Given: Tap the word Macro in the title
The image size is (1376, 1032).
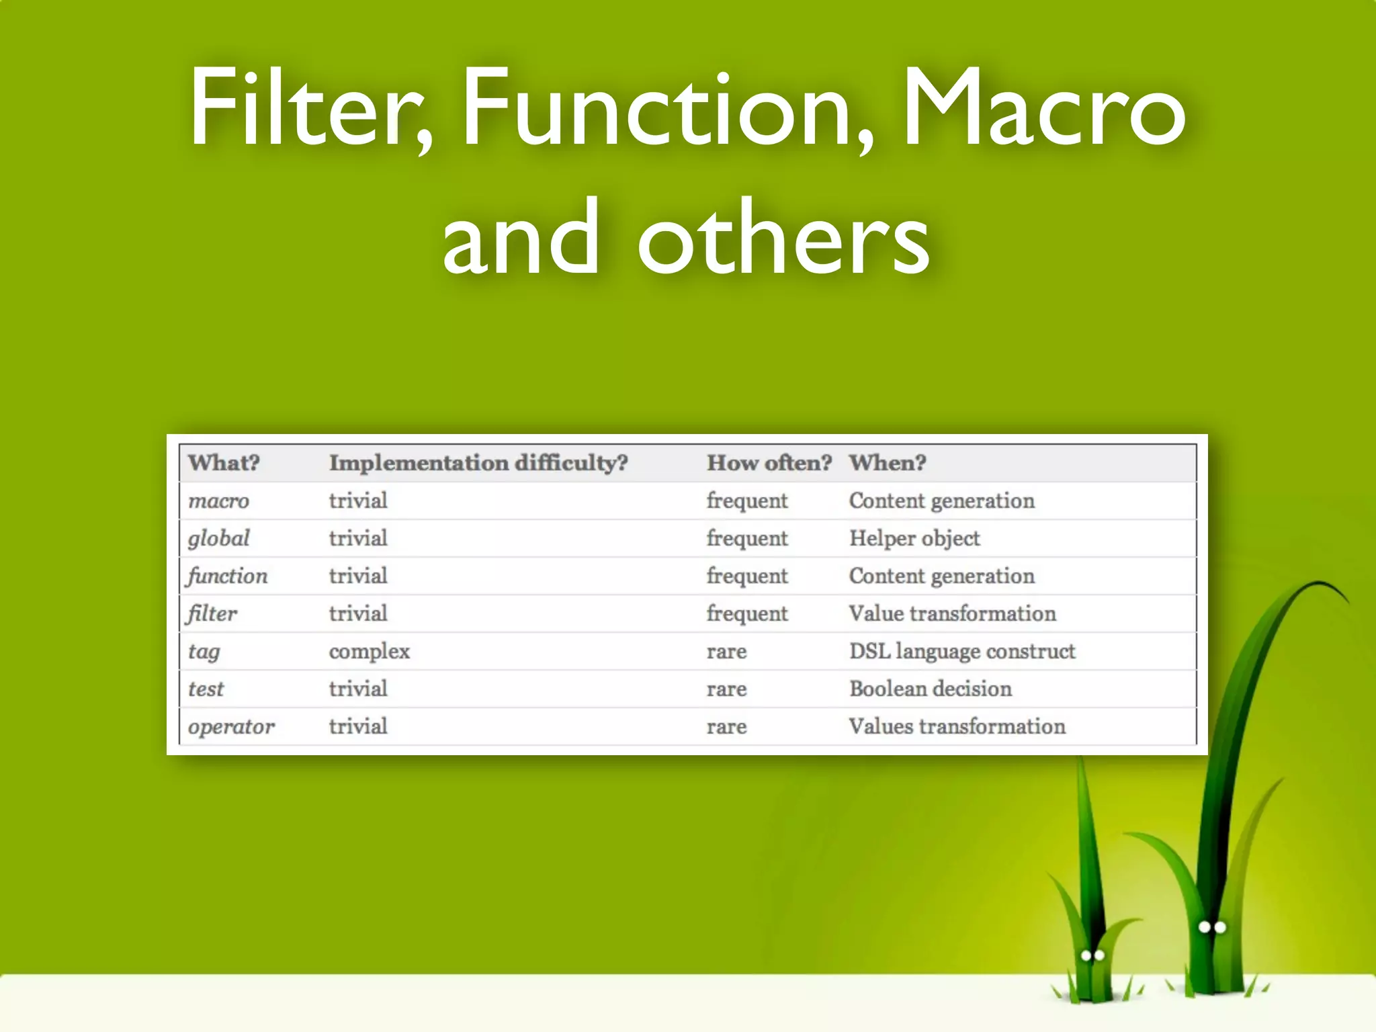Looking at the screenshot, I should click(x=1043, y=107).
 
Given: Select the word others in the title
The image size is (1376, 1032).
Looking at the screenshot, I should click(x=783, y=239).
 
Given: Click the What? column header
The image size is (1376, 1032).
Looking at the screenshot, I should click(x=224, y=463).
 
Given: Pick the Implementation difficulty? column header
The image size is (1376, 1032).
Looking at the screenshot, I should click(x=478, y=463).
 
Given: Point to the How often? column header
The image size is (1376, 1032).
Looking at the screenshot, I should click(x=769, y=463).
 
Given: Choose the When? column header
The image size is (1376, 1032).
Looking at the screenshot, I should click(x=887, y=463).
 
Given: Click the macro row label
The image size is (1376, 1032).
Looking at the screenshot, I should click(x=218, y=501).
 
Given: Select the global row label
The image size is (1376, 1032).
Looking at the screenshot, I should click(x=218, y=538).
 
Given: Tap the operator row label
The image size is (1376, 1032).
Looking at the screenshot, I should click(x=231, y=727).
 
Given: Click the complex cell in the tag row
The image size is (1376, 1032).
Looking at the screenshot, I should click(x=369, y=652).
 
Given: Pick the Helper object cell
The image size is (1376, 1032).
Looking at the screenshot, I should click(x=914, y=538).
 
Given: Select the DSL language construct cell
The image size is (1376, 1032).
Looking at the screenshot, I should click(x=961, y=651).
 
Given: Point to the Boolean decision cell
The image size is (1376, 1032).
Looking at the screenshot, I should click(x=930, y=689).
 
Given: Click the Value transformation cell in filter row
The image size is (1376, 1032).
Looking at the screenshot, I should click(x=952, y=613).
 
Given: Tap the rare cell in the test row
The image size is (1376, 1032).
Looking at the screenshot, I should click(x=726, y=689).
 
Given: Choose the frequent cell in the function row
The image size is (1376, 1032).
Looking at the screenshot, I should click(x=746, y=576).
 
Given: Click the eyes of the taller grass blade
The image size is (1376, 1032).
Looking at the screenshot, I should click(x=1212, y=927).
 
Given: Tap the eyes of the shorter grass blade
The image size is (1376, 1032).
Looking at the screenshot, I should click(x=1092, y=955).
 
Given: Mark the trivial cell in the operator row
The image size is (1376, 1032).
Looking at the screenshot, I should click(x=357, y=726).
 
